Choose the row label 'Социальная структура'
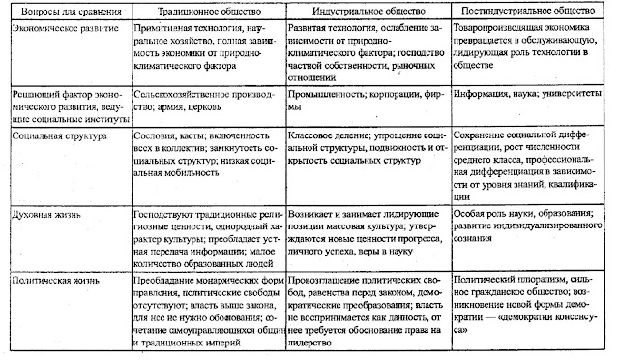(x=47, y=137)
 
